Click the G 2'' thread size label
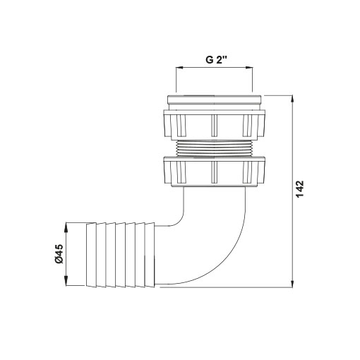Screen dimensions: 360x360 [216, 60]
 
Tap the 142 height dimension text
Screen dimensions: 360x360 [300, 189]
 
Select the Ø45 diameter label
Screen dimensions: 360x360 [59, 253]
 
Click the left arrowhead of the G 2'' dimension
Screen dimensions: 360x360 [179, 68]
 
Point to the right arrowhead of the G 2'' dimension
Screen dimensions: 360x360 [249, 68]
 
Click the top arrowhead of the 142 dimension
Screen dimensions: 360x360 [292, 99]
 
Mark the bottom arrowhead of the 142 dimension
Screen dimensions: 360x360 [292, 284]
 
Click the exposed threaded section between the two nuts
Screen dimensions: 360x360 [214, 148]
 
